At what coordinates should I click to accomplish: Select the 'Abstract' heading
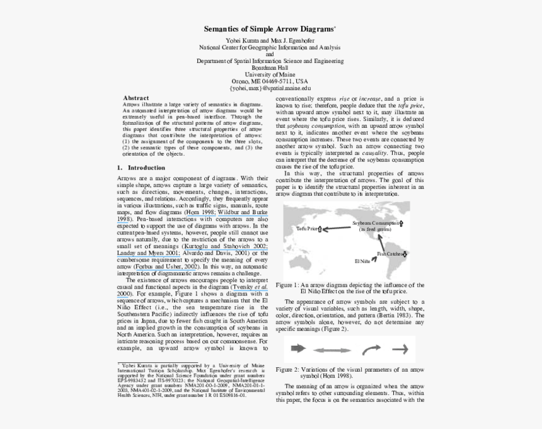(x=135, y=98)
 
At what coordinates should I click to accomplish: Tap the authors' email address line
(x=270, y=88)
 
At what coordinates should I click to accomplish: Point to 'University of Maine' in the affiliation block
(x=270, y=75)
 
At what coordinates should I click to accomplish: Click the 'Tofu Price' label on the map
(x=307, y=229)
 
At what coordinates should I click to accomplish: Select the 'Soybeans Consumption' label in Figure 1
(x=374, y=223)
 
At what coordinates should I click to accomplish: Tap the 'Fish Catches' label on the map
(x=389, y=254)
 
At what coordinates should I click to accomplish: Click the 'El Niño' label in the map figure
(x=362, y=260)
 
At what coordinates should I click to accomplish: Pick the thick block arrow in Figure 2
(x=297, y=348)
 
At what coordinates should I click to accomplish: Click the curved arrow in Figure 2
(x=372, y=348)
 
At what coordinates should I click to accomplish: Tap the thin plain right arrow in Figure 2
(x=400, y=348)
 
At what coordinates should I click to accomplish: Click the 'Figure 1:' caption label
(x=287, y=285)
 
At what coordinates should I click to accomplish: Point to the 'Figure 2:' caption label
(x=287, y=370)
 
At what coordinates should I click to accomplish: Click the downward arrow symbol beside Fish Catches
(x=405, y=255)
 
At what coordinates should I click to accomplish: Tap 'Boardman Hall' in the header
(x=270, y=68)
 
